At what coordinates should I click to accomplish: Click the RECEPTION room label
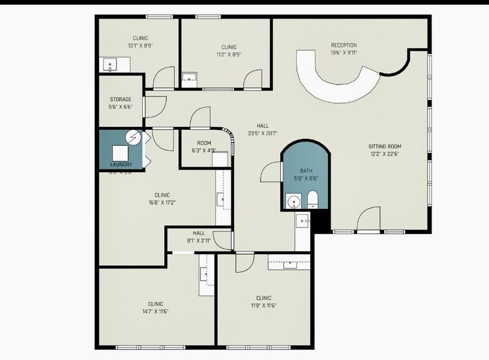pyautogui.click(x=343, y=45)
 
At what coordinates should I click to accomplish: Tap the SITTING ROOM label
pyautogui.click(x=384, y=146)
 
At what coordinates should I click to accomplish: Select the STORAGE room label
pyautogui.click(x=121, y=99)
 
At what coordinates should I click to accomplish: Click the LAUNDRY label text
pyautogui.click(x=121, y=165)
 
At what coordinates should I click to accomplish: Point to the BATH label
pyautogui.click(x=306, y=171)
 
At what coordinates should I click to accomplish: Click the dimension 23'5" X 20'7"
pyautogui.click(x=263, y=133)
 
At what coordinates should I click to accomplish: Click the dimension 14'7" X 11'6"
pyautogui.click(x=155, y=311)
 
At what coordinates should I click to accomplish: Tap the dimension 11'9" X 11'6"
pyautogui.click(x=264, y=306)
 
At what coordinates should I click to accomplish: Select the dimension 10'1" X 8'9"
pyautogui.click(x=140, y=45)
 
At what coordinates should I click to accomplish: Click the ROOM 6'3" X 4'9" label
pyautogui.click(x=204, y=146)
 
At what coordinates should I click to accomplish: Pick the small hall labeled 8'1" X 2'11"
pyautogui.click(x=199, y=237)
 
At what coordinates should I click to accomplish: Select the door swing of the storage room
pyautogui.click(x=155, y=106)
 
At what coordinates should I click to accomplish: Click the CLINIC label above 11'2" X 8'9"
pyautogui.click(x=229, y=47)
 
